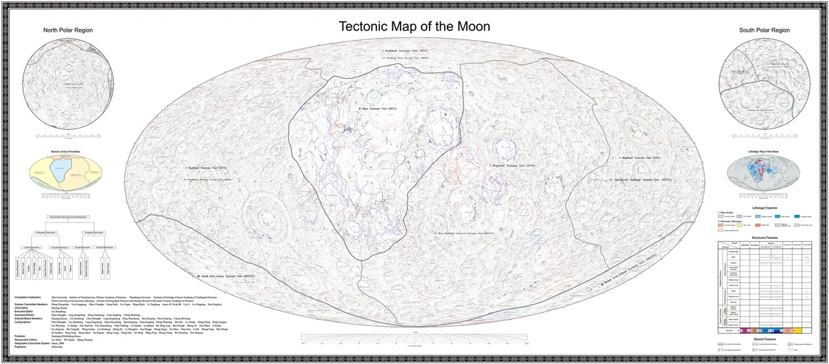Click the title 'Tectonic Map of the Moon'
point(414,27)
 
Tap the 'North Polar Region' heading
point(68,31)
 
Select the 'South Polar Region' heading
point(764,31)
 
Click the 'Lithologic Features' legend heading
point(763,207)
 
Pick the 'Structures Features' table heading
point(763,235)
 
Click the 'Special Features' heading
point(763,340)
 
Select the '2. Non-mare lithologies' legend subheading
point(730,221)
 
